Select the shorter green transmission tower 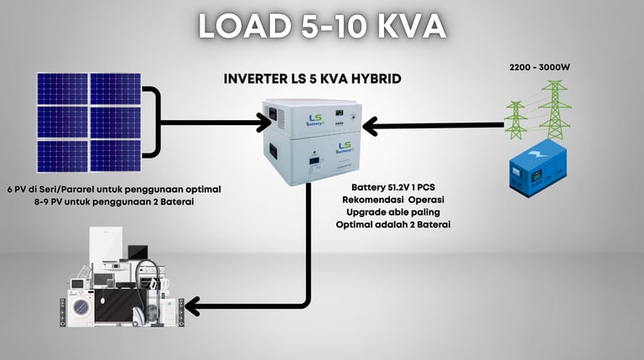coord(517,120)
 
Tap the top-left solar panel coord(62,89)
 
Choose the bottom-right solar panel coord(115,154)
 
